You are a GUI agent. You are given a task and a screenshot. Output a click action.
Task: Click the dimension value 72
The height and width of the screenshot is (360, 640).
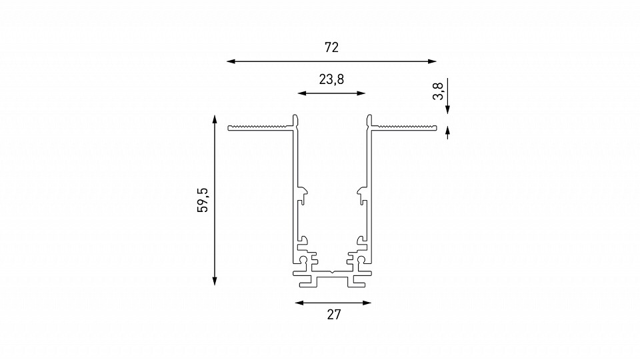(331, 47)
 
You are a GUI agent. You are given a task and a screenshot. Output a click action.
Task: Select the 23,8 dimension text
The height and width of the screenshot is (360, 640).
(331, 80)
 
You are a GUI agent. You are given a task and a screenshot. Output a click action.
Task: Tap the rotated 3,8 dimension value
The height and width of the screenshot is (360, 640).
(437, 91)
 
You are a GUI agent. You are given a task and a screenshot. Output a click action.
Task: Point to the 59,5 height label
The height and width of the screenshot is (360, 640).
(203, 200)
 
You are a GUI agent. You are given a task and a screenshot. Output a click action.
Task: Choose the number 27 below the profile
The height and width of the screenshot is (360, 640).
(333, 315)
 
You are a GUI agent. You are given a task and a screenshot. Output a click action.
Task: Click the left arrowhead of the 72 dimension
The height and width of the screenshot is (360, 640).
(231, 61)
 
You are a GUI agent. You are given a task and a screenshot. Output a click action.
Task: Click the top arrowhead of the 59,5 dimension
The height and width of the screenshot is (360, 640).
(215, 119)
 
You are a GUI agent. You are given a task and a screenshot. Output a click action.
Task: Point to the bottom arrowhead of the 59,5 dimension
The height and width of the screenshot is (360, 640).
(215, 281)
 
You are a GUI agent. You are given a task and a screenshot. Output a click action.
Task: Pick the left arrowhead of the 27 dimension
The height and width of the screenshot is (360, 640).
(299, 303)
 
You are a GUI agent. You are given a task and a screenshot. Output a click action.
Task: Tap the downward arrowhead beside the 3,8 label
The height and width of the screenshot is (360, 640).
(447, 108)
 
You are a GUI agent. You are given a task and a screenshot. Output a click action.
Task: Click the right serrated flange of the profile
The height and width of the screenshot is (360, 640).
(405, 127)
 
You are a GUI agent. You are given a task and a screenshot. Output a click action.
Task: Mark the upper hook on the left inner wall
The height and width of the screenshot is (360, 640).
(304, 193)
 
